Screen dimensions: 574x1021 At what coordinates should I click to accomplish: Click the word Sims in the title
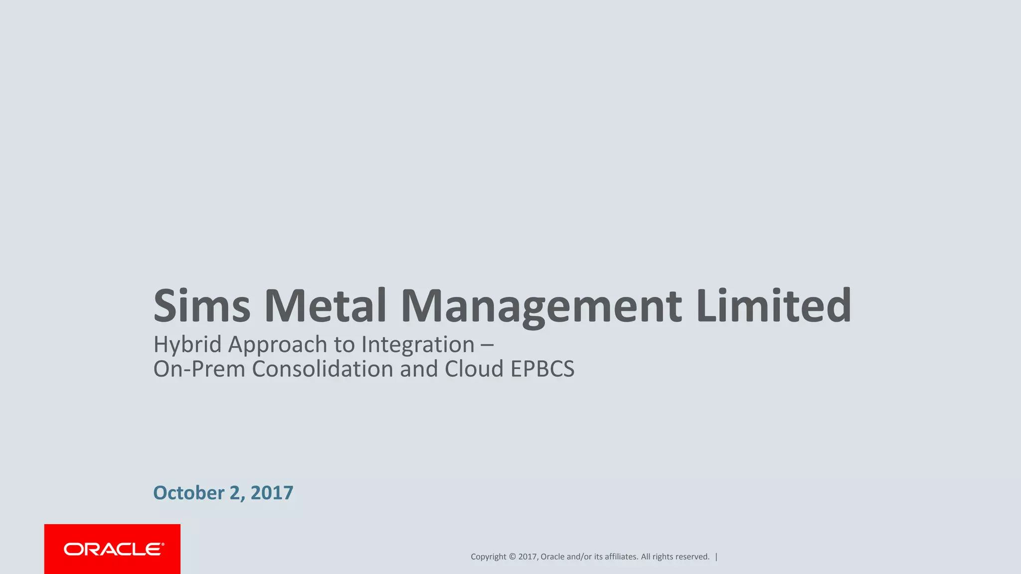tap(201, 305)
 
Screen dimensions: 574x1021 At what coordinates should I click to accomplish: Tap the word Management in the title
tap(541, 306)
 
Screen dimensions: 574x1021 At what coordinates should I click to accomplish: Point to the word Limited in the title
tap(773, 305)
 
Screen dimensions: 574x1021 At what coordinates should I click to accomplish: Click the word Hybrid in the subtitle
tap(187, 345)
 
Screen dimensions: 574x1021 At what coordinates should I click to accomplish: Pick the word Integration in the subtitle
tap(418, 344)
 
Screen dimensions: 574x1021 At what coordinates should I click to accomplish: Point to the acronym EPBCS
tap(542, 369)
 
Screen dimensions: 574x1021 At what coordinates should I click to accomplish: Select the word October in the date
tap(188, 493)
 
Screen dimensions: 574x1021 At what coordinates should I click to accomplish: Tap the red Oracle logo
tap(112, 549)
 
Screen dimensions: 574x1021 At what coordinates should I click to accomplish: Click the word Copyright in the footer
tap(488, 557)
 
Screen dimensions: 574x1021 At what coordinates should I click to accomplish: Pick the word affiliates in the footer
tap(621, 557)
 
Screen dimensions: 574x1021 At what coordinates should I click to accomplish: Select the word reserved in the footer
tap(692, 557)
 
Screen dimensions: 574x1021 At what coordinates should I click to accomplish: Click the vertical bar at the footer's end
tap(716, 557)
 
